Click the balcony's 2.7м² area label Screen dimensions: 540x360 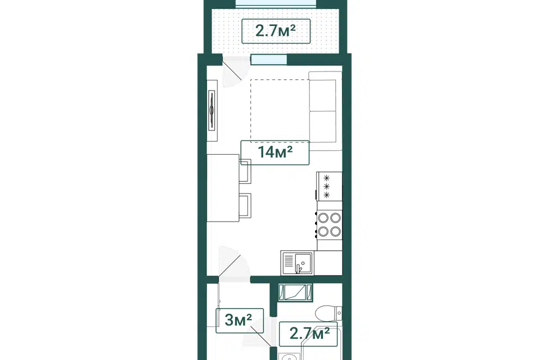pyautogui.click(x=276, y=31)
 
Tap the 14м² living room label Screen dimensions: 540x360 pyautogui.click(x=275, y=152)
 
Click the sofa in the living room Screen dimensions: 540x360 pyautogui.click(x=325, y=111)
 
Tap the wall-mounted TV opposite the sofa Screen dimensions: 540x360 pyautogui.click(x=212, y=111)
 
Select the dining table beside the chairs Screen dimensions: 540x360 pyautogui.click(x=223, y=188)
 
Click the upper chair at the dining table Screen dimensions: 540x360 pyautogui.click(x=245, y=171)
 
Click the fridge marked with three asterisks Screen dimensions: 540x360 pyautogui.click(x=329, y=186)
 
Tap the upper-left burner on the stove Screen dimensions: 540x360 pyautogui.click(x=323, y=218)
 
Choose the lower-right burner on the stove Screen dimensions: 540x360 pyautogui.click(x=336, y=232)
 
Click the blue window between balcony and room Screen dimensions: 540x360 pyautogui.click(x=269, y=59)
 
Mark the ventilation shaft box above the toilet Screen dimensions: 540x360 pyautogui.click(x=295, y=292)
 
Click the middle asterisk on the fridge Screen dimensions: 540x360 pyautogui.click(x=326, y=186)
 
